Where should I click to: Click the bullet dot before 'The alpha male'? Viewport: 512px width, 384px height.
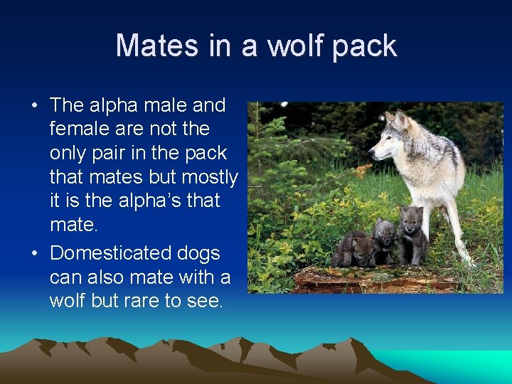tap(34, 106)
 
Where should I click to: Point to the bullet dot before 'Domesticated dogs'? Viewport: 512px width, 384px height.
tap(34, 254)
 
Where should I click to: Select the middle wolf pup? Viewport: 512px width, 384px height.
tap(383, 240)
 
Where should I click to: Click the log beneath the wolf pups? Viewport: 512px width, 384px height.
tap(377, 278)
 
